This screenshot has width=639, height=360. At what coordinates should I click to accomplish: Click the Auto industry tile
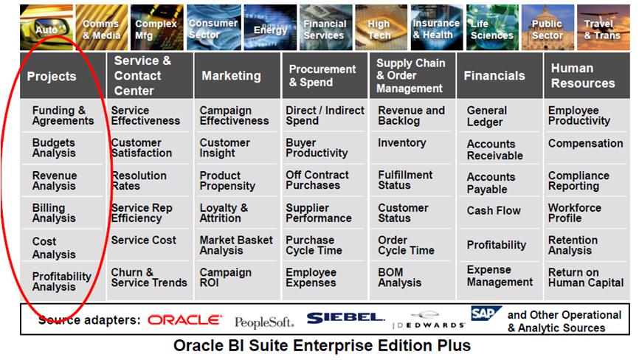pyautogui.click(x=46, y=27)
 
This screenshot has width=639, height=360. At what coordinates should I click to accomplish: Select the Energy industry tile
pyautogui.click(x=270, y=27)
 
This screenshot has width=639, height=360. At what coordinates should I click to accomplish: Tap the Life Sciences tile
pyautogui.click(x=492, y=27)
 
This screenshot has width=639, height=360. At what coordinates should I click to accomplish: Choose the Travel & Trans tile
pyautogui.click(x=603, y=27)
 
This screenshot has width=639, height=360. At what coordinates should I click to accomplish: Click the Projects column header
pyautogui.click(x=63, y=75)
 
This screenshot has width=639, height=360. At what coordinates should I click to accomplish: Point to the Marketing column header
pyautogui.click(x=238, y=75)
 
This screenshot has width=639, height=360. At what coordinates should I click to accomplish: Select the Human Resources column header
pyautogui.click(x=587, y=75)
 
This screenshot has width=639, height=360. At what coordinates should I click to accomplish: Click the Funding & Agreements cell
pyautogui.click(x=63, y=116)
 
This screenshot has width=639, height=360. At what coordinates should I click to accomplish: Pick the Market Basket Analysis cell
pyautogui.click(x=236, y=245)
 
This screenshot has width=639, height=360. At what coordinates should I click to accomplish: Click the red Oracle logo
pyautogui.click(x=185, y=320)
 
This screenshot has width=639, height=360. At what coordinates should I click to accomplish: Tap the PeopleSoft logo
pyautogui.click(x=264, y=322)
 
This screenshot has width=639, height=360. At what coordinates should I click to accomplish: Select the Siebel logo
pyautogui.click(x=345, y=318)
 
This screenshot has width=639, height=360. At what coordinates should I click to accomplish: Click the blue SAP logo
pyautogui.click(x=486, y=314)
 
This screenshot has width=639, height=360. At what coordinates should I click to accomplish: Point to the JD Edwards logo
pyautogui.click(x=428, y=320)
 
